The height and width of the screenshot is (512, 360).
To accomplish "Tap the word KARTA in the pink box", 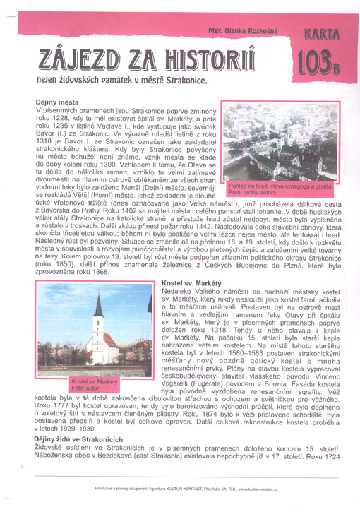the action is click(324, 34).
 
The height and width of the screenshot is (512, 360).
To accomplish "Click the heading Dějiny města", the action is click(57, 102).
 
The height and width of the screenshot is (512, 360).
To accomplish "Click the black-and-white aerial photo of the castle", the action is click(280, 141).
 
